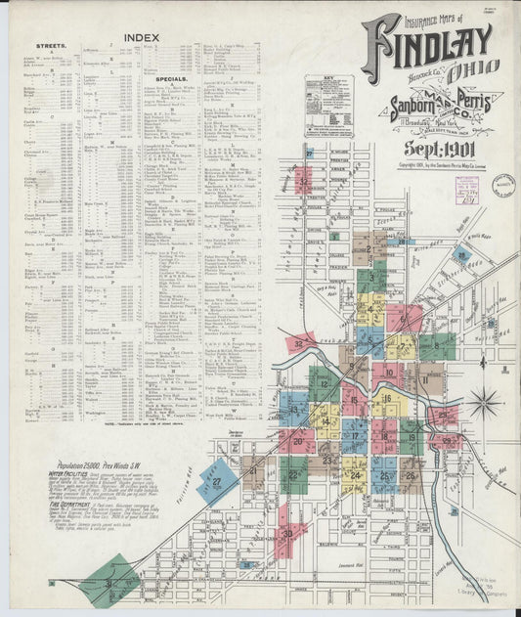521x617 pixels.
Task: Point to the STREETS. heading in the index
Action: tap(51, 45)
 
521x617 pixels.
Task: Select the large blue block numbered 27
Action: tap(217, 480)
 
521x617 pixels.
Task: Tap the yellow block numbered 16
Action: tap(388, 400)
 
